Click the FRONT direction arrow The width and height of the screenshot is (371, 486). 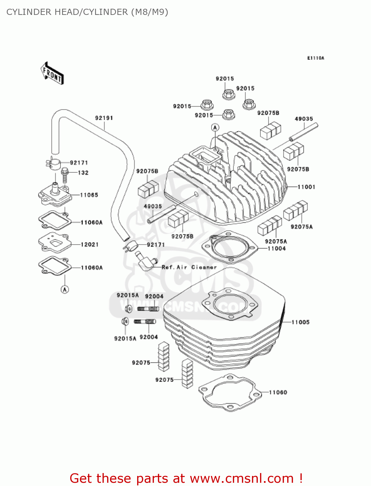pos(52,74)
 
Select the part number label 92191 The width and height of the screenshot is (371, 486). pos(104,118)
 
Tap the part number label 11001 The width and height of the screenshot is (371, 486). pos(306,187)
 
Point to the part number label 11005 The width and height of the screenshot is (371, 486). pos(300,322)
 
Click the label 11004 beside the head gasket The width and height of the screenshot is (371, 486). pos(277,249)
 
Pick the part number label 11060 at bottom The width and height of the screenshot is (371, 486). pos(278,392)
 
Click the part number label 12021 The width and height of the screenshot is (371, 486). pos(90,244)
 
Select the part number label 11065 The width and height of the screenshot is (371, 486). pos(89,195)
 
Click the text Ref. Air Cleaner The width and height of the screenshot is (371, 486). pos(189,267)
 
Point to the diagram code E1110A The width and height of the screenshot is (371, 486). pos(315,58)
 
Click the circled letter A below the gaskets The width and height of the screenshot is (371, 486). pos(65,289)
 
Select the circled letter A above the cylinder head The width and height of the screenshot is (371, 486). pos(215,127)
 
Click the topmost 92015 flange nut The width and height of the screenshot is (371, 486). pos(229,94)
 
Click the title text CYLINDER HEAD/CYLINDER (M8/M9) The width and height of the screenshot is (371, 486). pos(87,12)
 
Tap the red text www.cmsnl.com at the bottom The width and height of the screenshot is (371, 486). pos(242,479)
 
